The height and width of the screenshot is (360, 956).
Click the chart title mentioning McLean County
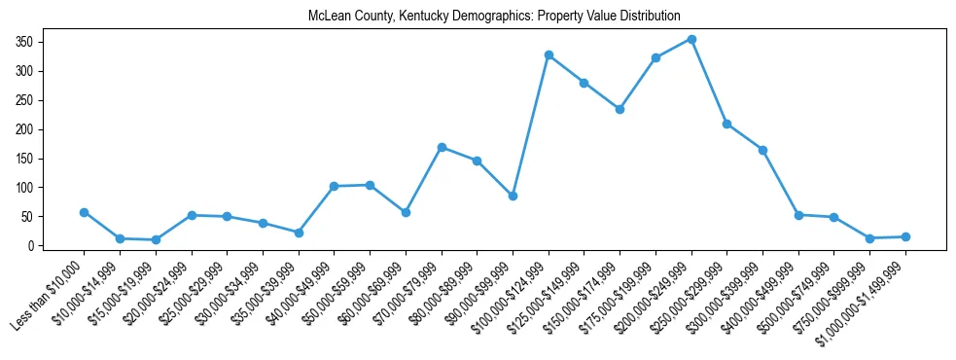494,17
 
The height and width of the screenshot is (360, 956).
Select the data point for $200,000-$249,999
691,39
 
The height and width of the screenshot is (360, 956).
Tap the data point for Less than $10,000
84,212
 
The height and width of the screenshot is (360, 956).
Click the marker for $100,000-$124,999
549,54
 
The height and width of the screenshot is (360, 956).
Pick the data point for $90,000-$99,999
513,196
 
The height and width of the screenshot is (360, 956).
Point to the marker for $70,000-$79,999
442,147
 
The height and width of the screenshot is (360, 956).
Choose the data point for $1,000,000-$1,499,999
905,236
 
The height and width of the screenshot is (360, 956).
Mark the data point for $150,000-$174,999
620,109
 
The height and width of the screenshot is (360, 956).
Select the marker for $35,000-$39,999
299,233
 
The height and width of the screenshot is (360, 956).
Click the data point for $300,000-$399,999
762,150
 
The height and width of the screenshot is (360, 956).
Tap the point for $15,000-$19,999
156,239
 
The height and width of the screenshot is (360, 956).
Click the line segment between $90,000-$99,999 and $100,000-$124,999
531,126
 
